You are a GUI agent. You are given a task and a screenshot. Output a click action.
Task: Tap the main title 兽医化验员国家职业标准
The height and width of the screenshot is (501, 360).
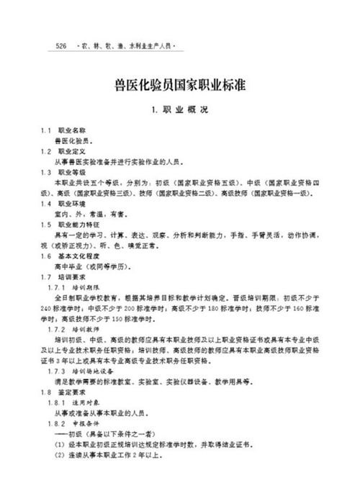[181, 85]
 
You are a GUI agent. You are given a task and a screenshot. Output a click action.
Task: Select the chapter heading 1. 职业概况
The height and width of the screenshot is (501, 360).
[181, 112]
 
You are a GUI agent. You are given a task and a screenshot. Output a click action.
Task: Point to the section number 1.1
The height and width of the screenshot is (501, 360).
[45, 132]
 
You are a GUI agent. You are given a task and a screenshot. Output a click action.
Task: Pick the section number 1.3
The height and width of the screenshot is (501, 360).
[45, 173]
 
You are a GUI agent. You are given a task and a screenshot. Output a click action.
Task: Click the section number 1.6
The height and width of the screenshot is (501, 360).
[45, 256]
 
